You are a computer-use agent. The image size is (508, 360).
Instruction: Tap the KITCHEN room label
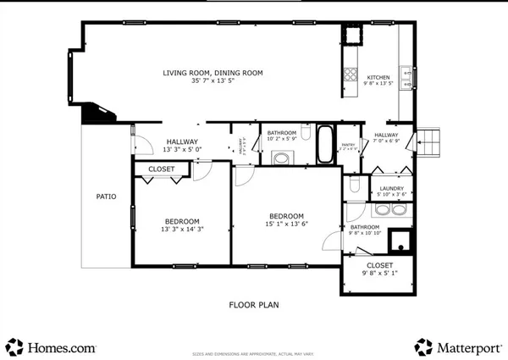click(378, 78)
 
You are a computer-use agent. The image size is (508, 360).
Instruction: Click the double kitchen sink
click(406, 77)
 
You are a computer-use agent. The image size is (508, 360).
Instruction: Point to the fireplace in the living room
click(97, 114)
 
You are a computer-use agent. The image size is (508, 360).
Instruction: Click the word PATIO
click(106, 197)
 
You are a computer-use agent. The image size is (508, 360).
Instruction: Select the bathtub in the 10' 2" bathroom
click(325, 145)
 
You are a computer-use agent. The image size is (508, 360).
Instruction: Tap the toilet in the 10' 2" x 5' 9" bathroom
click(282, 157)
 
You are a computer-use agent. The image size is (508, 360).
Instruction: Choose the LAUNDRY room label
click(390, 188)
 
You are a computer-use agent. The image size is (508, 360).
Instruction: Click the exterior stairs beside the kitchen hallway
click(429, 141)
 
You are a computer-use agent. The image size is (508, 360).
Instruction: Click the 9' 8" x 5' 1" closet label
click(378, 269)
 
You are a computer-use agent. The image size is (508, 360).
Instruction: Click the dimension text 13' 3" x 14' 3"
click(181, 229)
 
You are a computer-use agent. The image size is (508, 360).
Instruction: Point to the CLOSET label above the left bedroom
click(161, 169)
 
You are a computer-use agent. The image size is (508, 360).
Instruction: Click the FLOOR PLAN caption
click(254, 304)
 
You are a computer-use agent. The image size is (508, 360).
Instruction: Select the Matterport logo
click(456, 346)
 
